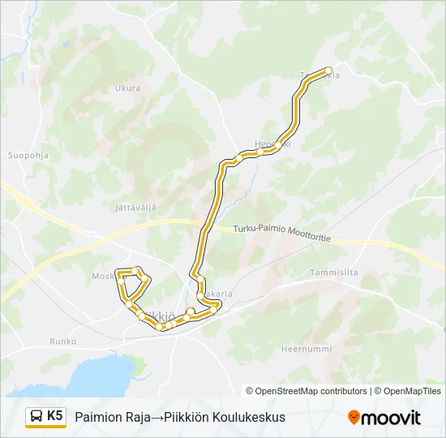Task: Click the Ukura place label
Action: [x=127, y=88]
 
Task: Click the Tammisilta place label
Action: [x=333, y=273]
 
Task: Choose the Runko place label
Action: [x=62, y=341]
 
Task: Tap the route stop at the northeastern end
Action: [x=328, y=71]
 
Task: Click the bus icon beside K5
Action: [x=36, y=417]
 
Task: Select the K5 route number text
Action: [x=55, y=416]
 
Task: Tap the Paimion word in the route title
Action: [x=98, y=417]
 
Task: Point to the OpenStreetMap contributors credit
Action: [x=307, y=391]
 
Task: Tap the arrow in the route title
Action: [x=157, y=417]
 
